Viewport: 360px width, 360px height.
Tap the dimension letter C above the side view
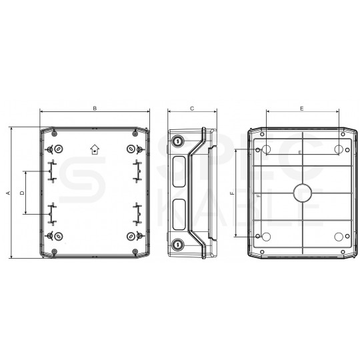[191, 107]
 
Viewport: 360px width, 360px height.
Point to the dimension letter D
[21, 193]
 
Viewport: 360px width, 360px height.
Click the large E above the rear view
[301, 107]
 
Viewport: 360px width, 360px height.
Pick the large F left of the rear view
[231, 193]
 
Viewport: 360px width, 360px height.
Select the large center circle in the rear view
[301, 193]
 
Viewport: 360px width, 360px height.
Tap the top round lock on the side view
[178, 141]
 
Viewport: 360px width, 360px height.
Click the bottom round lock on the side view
[178, 245]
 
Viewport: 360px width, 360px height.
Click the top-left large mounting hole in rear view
[265, 149]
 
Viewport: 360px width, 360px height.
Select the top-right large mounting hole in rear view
[339, 149]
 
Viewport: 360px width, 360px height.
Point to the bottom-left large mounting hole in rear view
[265, 237]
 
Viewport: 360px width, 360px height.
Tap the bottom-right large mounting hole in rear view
[339, 237]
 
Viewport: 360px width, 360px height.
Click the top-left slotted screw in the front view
[59, 149]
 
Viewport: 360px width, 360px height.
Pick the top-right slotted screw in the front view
[130, 149]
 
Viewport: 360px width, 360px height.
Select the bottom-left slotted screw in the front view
[59, 237]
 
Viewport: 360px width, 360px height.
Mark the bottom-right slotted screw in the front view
[130, 237]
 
